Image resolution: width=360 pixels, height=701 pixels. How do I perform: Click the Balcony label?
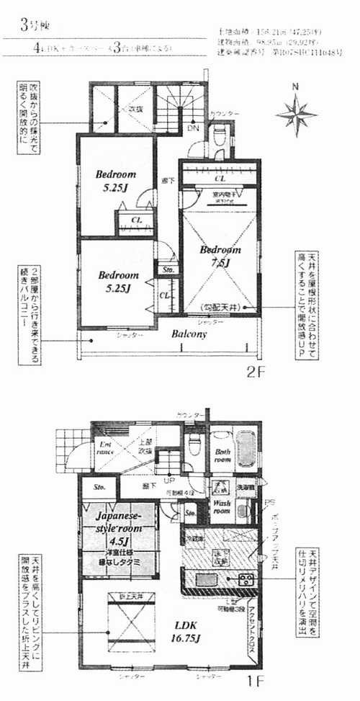tap(189, 334)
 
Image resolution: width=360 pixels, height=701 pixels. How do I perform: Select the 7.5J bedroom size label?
tap(220, 263)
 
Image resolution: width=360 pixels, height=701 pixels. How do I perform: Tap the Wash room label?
tap(221, 506)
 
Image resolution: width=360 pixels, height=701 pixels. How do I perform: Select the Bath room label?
tap(222, 455)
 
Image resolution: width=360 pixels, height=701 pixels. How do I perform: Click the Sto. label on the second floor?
tap(169, 270)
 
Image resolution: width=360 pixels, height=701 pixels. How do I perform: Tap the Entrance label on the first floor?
tap(105, 453)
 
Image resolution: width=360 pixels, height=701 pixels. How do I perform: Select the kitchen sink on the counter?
tap(205, 579)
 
